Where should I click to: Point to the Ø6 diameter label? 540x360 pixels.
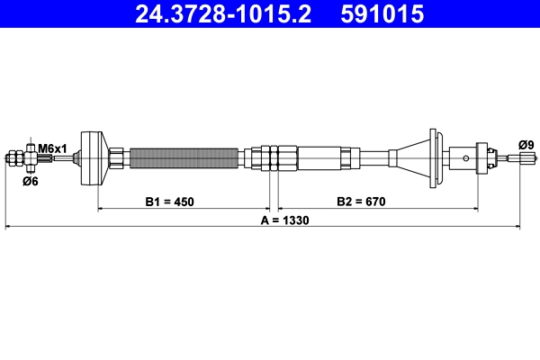pos(30,181)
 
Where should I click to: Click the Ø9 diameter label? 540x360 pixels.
pos(526,144)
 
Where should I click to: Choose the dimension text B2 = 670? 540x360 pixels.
pos(361,201)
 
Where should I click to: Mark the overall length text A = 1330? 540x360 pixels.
pos(284,220)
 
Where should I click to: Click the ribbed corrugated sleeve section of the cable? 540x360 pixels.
pos(184,158)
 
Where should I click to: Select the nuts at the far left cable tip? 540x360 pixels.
pos(17,159)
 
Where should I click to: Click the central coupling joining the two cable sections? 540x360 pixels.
pos(274,158)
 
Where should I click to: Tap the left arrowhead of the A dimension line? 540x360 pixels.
pos(9,227)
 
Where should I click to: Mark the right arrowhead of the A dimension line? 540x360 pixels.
pos(517,227)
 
